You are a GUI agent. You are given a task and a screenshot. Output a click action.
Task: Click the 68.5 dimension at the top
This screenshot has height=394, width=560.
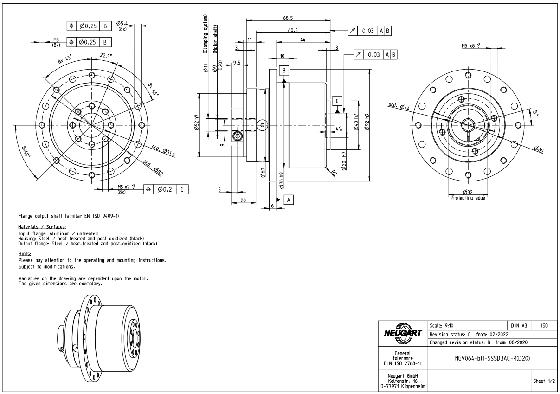pos(288,18)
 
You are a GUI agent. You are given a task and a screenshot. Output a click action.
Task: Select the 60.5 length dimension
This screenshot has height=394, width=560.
pos(292,30)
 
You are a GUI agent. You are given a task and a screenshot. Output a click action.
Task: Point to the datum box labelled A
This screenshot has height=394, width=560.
pos(289,199)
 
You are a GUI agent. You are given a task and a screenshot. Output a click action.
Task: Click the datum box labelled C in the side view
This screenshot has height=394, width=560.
pos(337,101)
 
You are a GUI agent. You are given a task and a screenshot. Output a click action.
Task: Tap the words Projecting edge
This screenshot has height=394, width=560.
pos(468,198)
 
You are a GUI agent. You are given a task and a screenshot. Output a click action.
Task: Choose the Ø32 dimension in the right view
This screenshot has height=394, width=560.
pos(468,192)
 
